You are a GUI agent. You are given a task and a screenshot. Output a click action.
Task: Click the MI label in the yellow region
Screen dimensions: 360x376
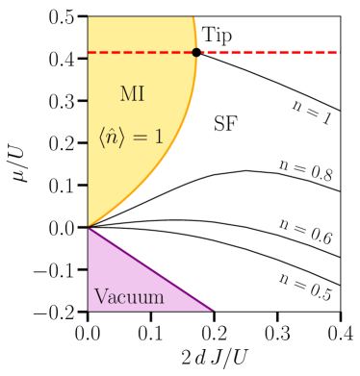[x=132, y=94]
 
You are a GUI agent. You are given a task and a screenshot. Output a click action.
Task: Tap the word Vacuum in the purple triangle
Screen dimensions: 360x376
[x=129, y=297]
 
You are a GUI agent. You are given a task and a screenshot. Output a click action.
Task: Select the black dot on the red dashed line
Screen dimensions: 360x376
[x=196, y=53]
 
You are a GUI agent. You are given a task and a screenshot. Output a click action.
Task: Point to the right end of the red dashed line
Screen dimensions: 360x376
[x=339, y=53]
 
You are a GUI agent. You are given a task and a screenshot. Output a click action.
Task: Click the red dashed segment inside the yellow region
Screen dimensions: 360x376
[x=140, y=53]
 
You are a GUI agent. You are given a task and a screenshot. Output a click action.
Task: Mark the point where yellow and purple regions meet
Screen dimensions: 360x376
[x=89, y=228]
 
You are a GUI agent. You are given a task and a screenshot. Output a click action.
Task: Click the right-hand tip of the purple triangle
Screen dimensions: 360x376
[x=214, y=311]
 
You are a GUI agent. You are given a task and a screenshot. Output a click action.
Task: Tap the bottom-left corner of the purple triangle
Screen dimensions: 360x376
[x=89, y=311]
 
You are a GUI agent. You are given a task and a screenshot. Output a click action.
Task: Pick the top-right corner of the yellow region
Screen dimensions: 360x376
[x=194, y=17]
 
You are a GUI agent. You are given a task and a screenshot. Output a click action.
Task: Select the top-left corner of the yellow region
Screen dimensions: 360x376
[x=89, y=17]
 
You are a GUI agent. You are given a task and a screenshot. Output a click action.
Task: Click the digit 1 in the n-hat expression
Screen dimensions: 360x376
[x=158, y=138]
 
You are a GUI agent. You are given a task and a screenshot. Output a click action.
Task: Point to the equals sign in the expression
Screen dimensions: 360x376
[x=141, y=138]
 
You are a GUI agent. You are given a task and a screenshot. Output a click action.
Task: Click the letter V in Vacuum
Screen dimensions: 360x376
[x=99, y=297]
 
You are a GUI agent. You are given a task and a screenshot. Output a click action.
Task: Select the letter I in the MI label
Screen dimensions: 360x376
[x=141, y=94]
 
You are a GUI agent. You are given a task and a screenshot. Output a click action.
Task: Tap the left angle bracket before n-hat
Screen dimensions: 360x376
[x=102, y=138]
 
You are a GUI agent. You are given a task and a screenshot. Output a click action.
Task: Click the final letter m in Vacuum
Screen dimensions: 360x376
[x=157, y=298]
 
